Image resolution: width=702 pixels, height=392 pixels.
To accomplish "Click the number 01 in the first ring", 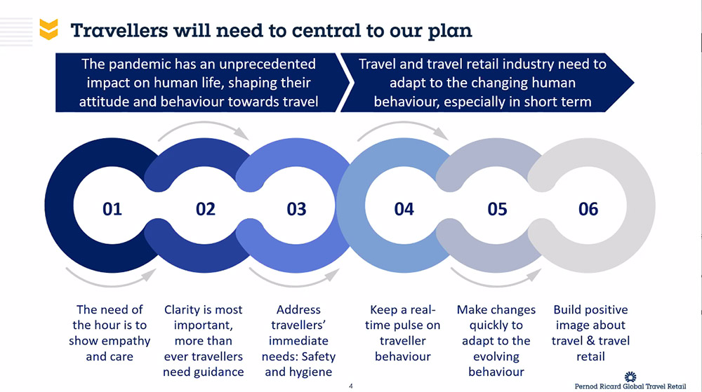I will click(x=112, y=208).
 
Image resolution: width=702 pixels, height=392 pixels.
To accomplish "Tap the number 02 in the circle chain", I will click(x=206, y=208).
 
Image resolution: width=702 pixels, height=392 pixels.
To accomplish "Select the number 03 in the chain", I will click(x=297, y=208).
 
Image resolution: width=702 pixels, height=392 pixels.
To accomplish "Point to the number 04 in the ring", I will click(x=404, y=208).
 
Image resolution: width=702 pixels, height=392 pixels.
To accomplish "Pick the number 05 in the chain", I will click(x=497, y=208).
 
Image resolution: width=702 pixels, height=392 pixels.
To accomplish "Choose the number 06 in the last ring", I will click(x=588, y=208).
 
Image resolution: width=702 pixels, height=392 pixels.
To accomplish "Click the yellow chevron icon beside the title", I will click(x=48, y=29).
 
